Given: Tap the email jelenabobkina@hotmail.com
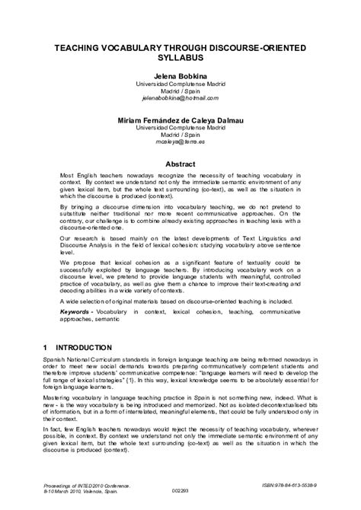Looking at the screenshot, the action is tap(180, 99).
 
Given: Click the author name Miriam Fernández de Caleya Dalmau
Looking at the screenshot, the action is tap(180, 121).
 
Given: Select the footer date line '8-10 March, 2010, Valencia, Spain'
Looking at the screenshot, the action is tap(76, 491).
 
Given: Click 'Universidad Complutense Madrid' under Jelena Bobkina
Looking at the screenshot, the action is tap(180, 84).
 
